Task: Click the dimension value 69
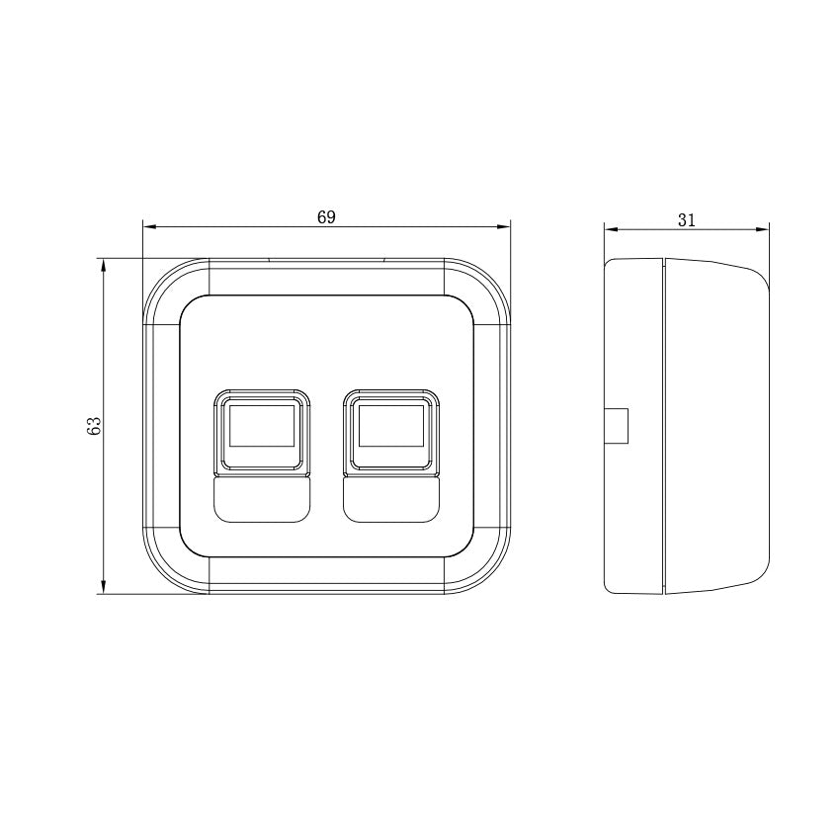326,217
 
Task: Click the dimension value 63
95,426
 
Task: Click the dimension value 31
687,220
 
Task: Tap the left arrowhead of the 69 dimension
149,227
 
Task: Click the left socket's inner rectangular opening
261,426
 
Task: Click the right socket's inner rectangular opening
390,426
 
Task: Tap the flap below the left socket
261,500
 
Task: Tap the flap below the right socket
390,500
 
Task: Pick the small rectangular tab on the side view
616,426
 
